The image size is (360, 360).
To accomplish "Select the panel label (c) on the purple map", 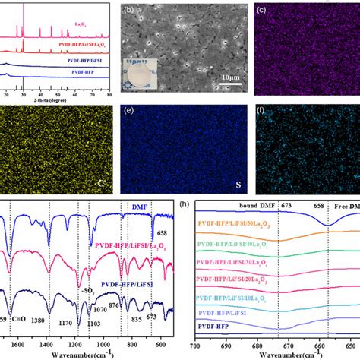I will click(261, 11).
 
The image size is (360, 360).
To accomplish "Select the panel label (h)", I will click(201, 206).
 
